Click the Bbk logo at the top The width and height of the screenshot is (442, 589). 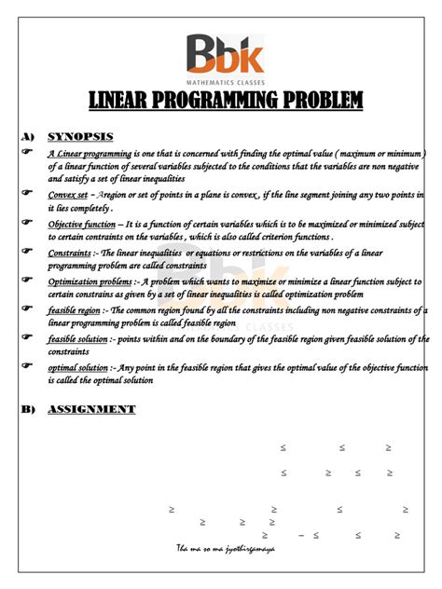click(x=224, y=54)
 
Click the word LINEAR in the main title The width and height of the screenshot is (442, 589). click(x=121, y=101)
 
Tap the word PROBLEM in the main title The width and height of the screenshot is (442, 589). click(x=316, y=101)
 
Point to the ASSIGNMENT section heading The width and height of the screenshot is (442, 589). click(x=91, y=409)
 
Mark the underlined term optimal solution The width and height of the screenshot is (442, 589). click(x=77, y=368)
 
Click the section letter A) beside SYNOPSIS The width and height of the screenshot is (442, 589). click(x=26, y=136)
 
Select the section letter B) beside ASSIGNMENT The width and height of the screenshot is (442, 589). click(x=26, y=409)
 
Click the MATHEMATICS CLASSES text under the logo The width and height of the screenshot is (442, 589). click(x=224, y=82)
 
